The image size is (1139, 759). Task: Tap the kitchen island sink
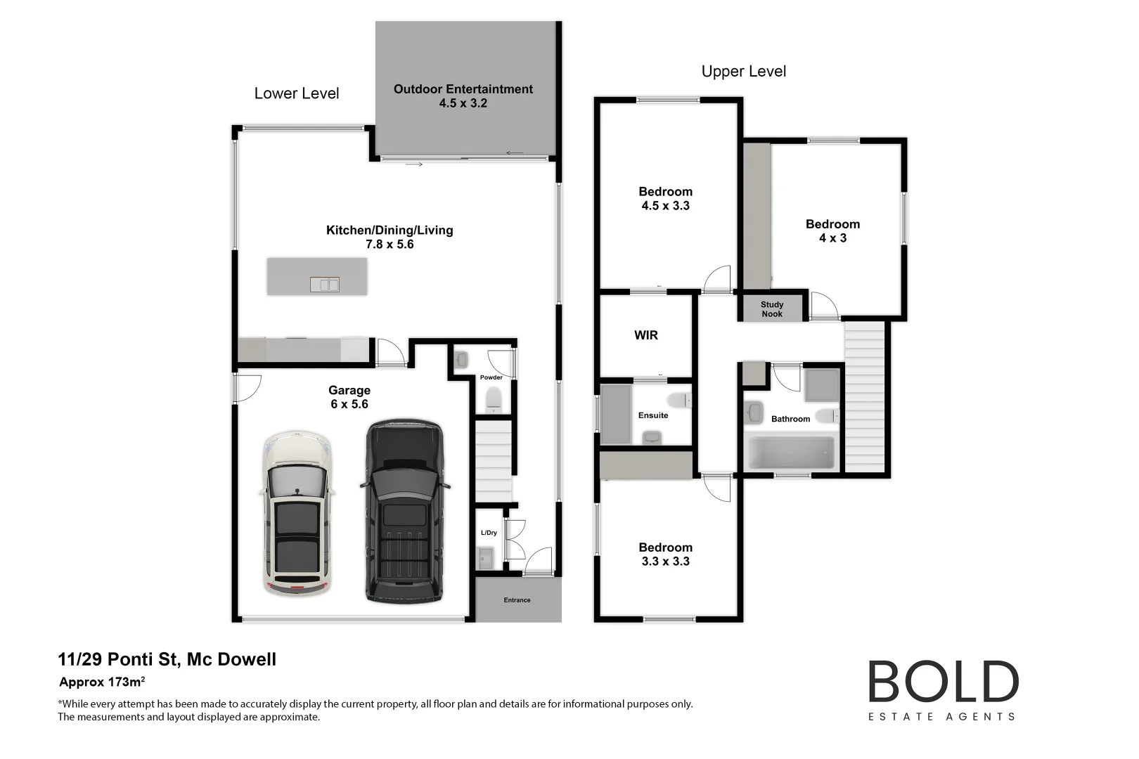click(324, 285)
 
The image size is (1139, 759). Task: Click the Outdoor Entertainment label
click(463, 89)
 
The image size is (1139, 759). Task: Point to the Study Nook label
click(771, 309)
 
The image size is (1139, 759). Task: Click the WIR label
click(645, 335)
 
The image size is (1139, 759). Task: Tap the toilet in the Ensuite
click(680, 401)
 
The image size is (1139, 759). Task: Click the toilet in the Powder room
click(494, 398)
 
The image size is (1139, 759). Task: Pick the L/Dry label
click(489, 533)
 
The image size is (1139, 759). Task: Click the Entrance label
click(517, 600)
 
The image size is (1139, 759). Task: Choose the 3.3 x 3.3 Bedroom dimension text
click(665, 562)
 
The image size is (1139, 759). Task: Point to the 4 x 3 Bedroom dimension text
click(832, 238)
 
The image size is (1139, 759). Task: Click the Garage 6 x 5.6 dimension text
click(349, 404)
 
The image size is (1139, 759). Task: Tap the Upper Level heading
click(743, 72)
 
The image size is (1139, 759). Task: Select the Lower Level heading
click(296, 93)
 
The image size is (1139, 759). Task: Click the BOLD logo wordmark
click(943, 682)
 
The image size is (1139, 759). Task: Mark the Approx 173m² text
click(102, 682)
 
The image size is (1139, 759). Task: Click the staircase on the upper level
click(864, 397)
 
